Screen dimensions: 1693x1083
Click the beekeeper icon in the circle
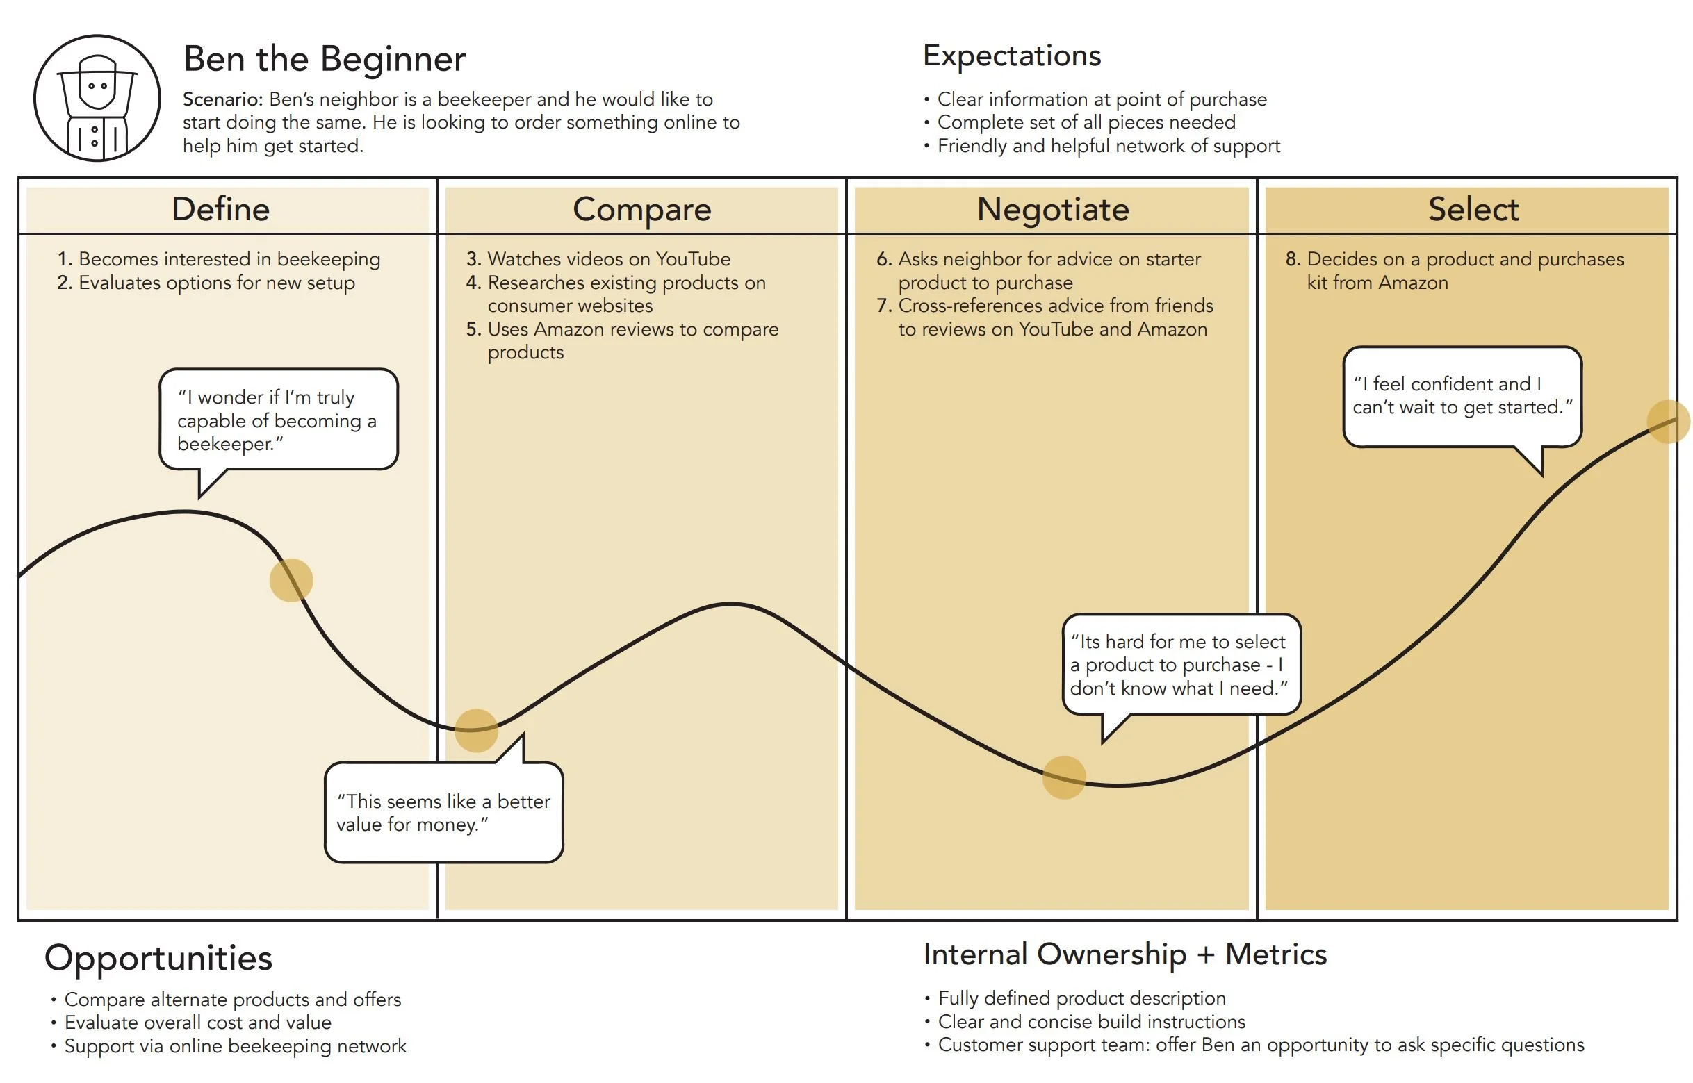point(97,99)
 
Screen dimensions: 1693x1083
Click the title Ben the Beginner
point(325,58)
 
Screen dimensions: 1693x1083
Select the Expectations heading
point(1011,56)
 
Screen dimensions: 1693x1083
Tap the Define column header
point(221,210)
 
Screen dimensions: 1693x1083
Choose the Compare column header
point(641,210)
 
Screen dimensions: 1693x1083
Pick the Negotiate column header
point(1052,210)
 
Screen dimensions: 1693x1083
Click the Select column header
point(1473,210)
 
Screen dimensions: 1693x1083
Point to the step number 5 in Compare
point(473,329)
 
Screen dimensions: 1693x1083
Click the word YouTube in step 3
point(693,259)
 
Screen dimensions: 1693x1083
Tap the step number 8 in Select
point(1293,259)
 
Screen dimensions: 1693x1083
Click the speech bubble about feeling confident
point(1462,396)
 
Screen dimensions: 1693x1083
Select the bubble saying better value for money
point(443,812)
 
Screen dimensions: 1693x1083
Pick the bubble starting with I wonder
point(279,420)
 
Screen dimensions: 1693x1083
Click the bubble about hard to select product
point(1180,665)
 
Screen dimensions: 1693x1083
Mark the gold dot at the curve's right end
point(1668,421)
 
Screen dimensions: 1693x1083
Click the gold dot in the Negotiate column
point(1063,777)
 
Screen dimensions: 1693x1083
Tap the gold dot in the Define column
point(291,580)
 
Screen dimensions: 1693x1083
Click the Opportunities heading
point(158,958)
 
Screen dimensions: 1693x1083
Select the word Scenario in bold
point(222,99)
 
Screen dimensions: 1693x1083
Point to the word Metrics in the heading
point(1275,954)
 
